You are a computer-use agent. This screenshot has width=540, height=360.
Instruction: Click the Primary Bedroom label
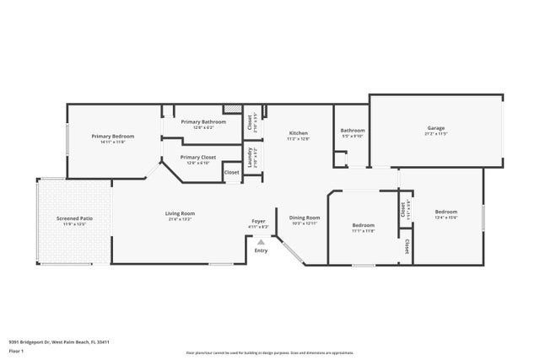(x=108, y=137)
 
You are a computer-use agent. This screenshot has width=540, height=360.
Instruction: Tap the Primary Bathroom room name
(x=203, y=121)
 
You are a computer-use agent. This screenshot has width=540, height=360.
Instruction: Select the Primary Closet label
(x=197, y=157)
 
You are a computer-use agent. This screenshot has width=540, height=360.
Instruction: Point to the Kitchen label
(x=299, y=133)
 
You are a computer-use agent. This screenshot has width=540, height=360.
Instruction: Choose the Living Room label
(x=180, y=213)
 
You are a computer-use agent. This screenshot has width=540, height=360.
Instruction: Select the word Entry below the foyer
(x=261, y=250)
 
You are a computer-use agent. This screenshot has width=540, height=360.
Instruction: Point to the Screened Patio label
(x=73, y=218)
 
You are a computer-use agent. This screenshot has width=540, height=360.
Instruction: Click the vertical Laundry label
(x=250, y=157)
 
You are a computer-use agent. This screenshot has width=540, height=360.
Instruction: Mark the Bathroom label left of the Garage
(x=352, y=130)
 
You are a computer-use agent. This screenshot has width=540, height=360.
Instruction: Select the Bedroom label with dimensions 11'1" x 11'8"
(x=363, y=225)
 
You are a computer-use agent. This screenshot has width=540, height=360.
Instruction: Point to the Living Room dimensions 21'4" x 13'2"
(x=180, y=219)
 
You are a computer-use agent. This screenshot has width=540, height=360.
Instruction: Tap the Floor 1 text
(x=15, y=350)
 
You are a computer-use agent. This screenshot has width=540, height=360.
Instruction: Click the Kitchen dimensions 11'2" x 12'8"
(x=299, y=139)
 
